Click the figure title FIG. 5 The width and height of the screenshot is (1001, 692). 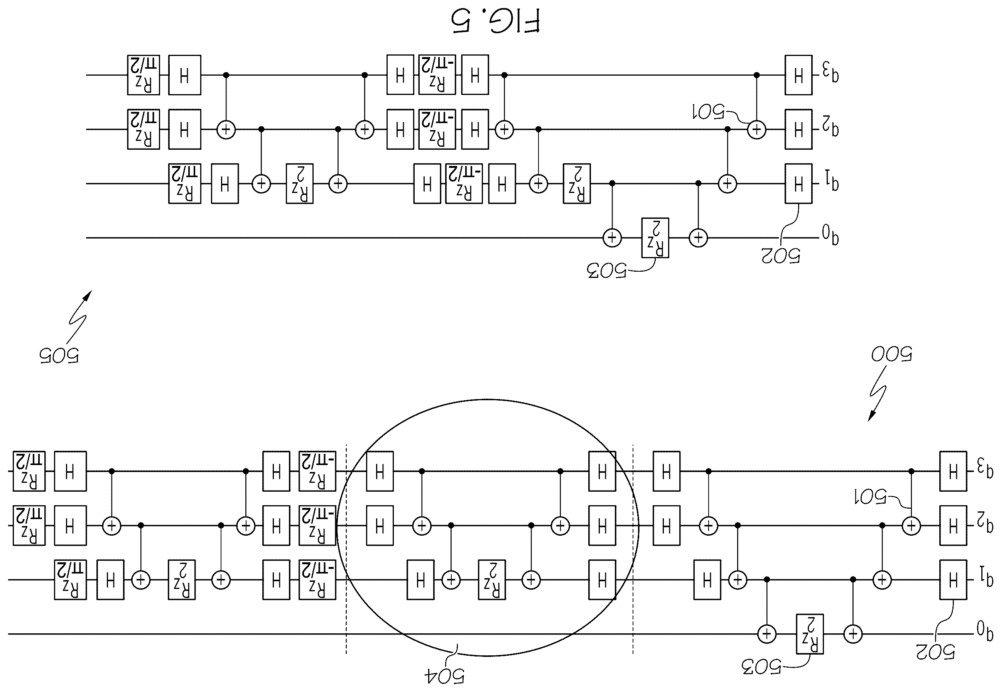click(495, 21)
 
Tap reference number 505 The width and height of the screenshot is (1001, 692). click(59, 355)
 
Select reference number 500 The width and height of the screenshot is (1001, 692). click(891, 354)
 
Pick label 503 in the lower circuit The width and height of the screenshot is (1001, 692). click(761, 667)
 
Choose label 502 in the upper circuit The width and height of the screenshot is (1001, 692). click(780, 256)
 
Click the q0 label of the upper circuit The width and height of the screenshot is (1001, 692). click(830, 235)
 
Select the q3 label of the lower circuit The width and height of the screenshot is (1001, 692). click(984, 470)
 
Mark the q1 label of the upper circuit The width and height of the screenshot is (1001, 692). click(830, 181)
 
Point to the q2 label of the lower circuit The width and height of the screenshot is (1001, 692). click(984, 524)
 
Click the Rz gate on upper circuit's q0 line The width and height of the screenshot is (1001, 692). click(655, 238)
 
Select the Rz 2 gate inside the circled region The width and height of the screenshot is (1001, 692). click(492, 580)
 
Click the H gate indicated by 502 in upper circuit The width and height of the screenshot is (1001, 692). click(798, 183)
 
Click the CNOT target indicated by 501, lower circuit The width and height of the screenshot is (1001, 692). click(911, 526)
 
